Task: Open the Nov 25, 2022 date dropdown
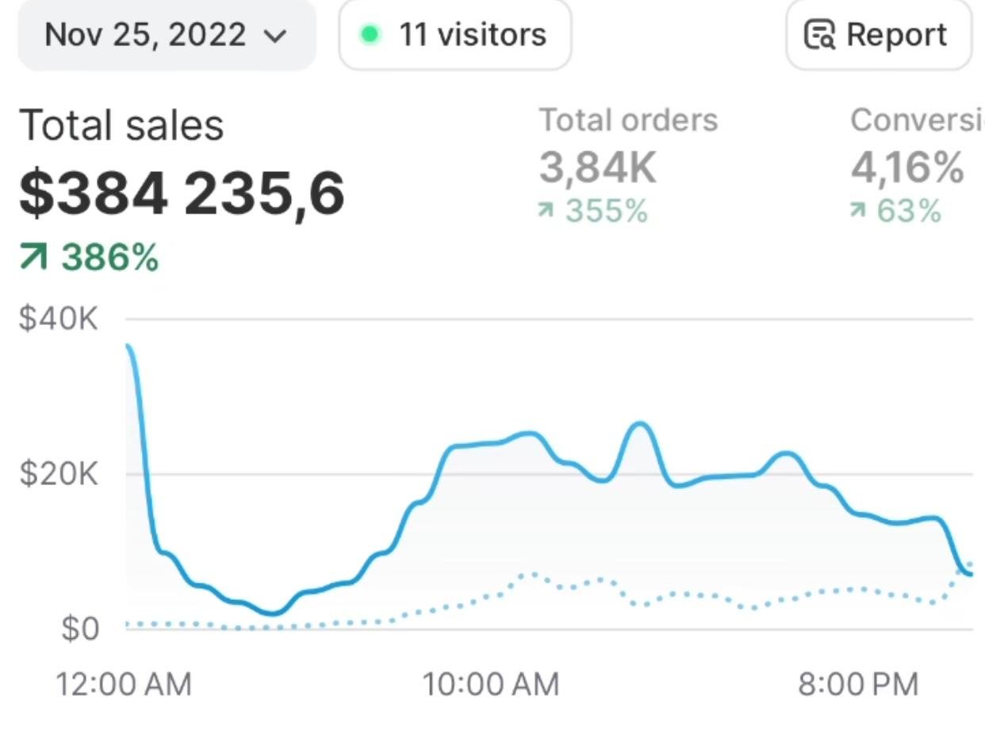coord(167,35)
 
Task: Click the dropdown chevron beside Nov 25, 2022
coord(274,36)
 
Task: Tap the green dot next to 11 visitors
coord(369,34)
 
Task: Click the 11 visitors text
coord(473,35)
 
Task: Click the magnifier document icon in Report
coord(820,35)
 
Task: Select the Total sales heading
coord(121,125)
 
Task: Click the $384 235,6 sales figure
coord(182,193)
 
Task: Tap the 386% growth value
coord(110,258)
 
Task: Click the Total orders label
coord(628,120)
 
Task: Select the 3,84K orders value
coord(598,167)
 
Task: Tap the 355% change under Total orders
coord(606,212)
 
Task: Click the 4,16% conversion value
coord(907,167)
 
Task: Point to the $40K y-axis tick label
coord(59,319)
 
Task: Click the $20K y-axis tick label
coord(59,474)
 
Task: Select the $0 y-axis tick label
coord(80,629)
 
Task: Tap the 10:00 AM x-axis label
coord(491,684)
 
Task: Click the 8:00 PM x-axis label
coord(858,684)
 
